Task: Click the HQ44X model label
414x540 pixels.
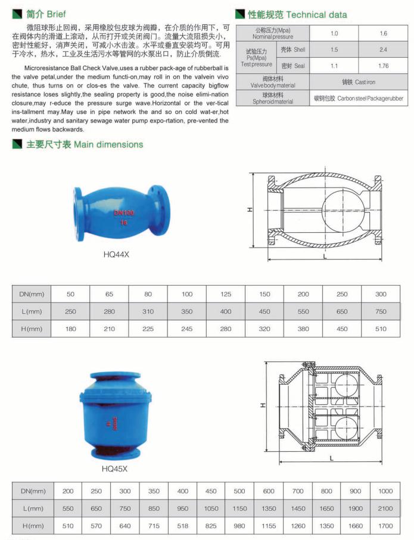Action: [x=116, y=254]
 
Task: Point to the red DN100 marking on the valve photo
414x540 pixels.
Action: [x=124, y=213]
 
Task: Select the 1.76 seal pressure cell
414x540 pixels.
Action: [x=383, y=65]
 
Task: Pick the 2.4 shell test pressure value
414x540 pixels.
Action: [x=383, y=49]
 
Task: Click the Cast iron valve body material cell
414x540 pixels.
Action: [x=358, y=82]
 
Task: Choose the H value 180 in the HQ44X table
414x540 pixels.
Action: [x=70, y=328]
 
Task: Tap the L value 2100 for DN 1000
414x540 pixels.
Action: [x=385, y=508]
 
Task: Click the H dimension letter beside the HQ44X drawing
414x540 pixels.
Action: [x=251, y=210]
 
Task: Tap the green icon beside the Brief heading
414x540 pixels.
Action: [x=18, y=14]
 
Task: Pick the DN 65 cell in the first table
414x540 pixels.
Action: [x=109, y=294]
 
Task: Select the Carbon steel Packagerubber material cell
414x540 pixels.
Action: [x=358, y=97]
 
